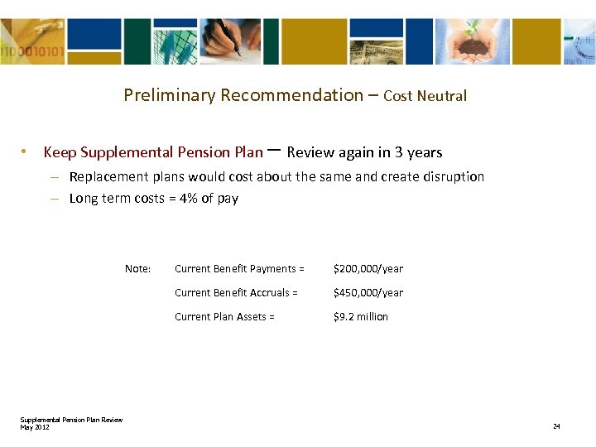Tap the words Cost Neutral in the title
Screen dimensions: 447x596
click(x=425, y=96)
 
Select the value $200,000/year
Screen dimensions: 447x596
click(x=368, y=269)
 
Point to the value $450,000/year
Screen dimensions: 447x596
click(x=368, y=293)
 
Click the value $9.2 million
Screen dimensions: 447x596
click(x=360, y=317)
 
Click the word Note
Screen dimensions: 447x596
click(x=137, y=269)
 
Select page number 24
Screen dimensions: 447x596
click(x=556, y=426)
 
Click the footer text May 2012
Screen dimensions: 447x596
click(x=35, y=427)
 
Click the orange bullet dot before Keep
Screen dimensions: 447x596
click(x=26, y=152)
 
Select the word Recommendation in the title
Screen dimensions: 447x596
click(x=290, y=95)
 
